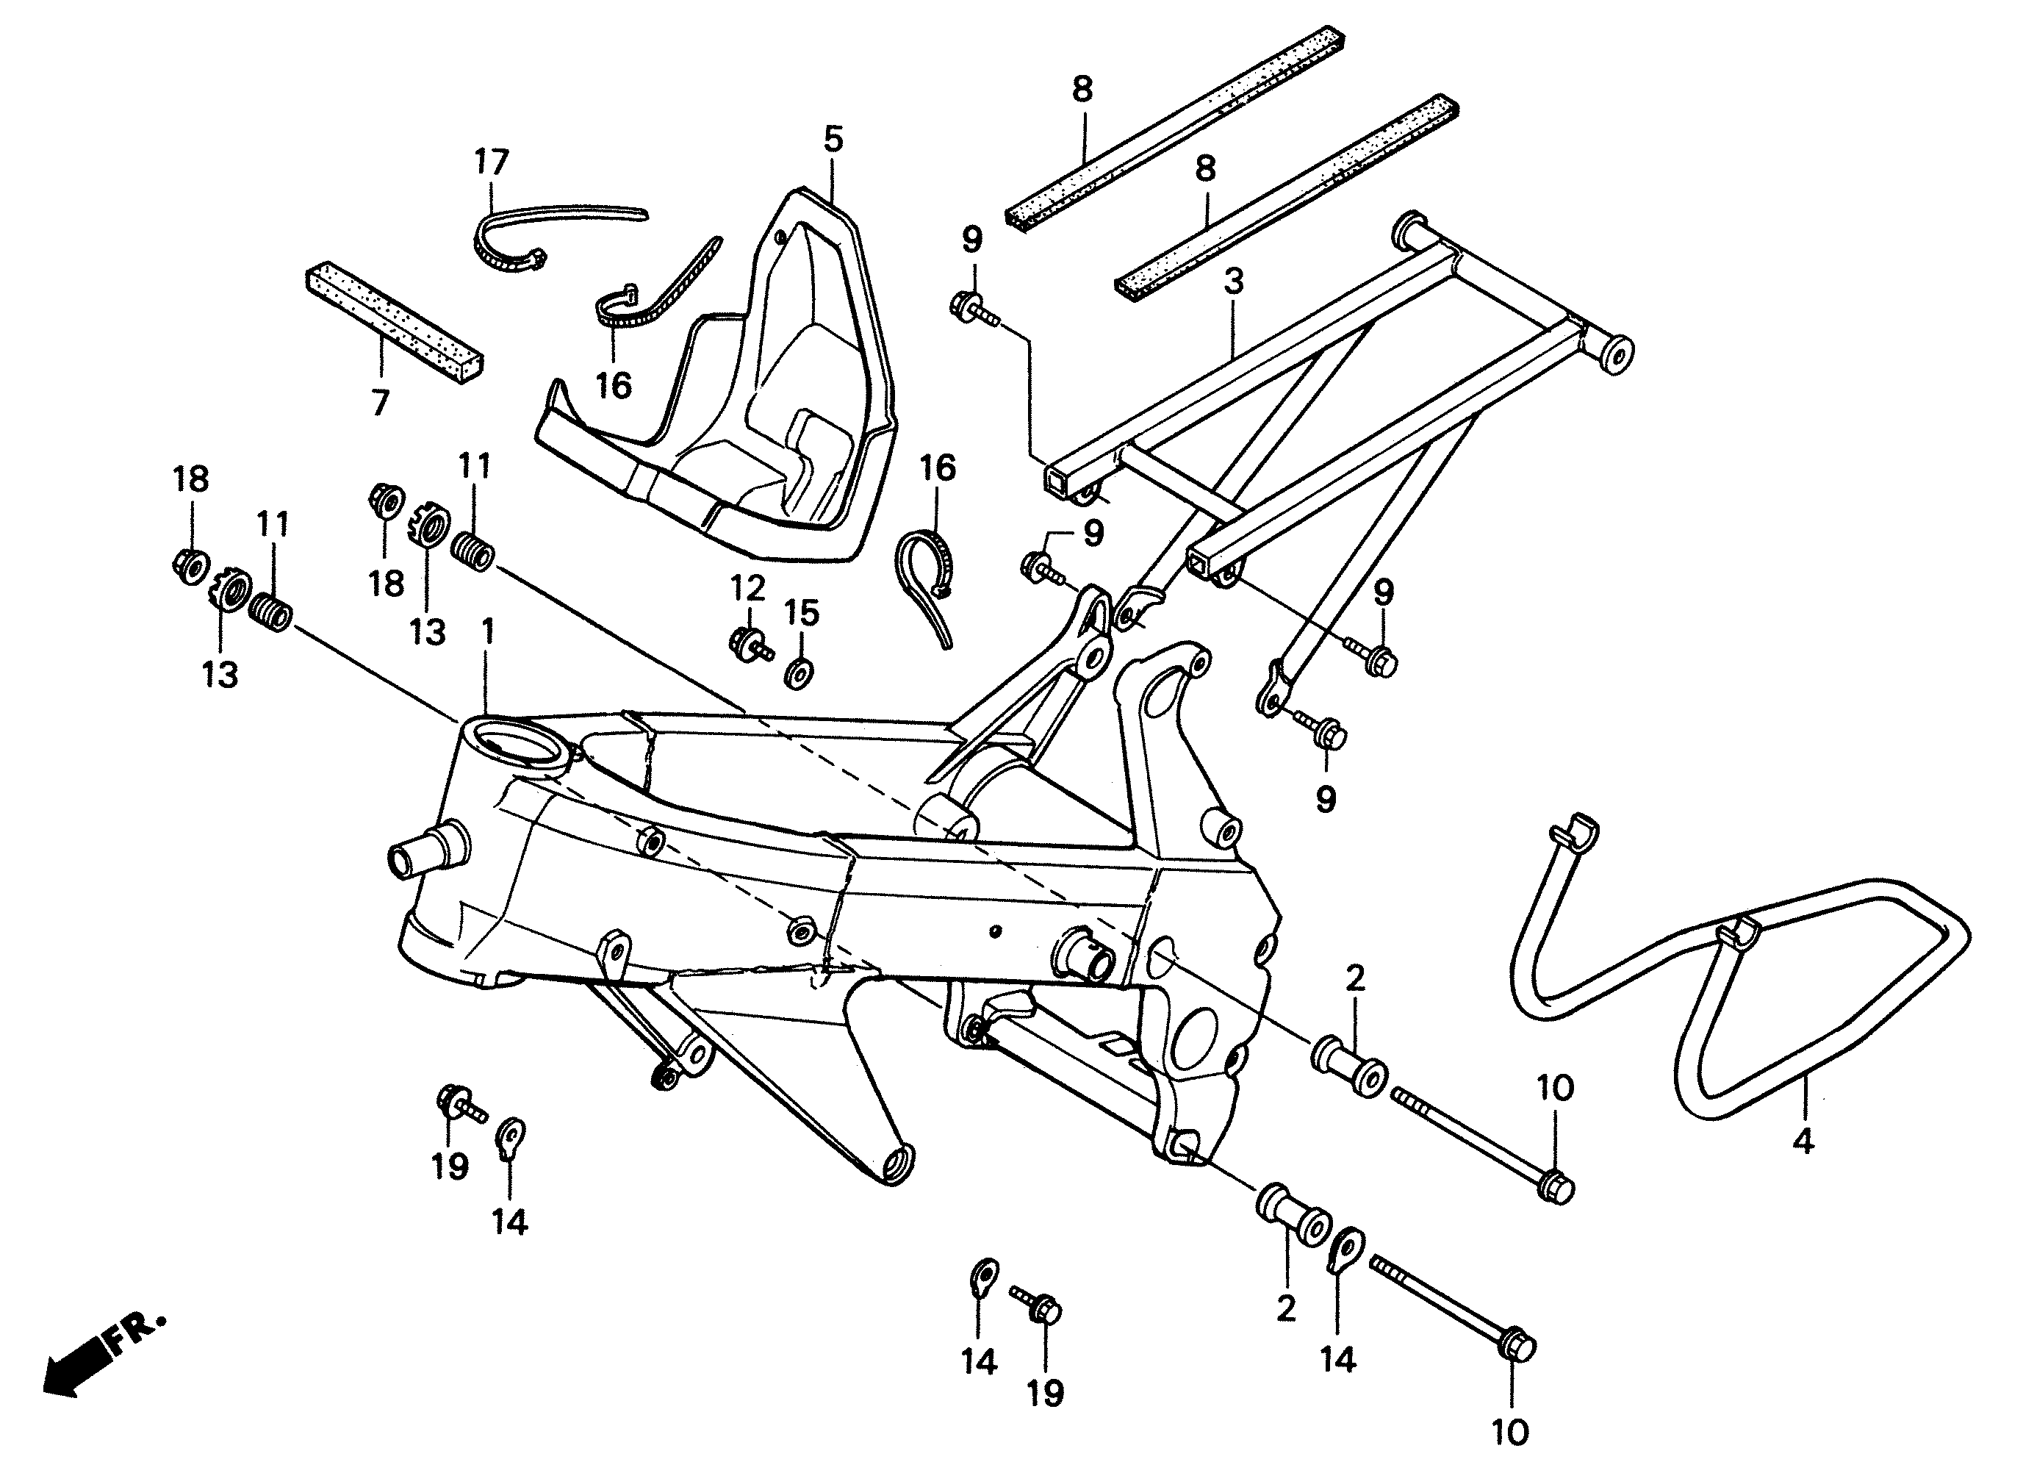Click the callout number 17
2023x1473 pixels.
(491, 162)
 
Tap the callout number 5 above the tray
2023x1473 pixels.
(833, 140)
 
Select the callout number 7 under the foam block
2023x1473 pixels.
(380, 404)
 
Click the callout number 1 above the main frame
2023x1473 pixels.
(487, 633)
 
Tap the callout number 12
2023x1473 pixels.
(747, 589)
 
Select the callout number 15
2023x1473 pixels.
(801, 613)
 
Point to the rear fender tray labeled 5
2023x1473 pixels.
(740, 393)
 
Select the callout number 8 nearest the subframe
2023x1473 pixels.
(1205, 168)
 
